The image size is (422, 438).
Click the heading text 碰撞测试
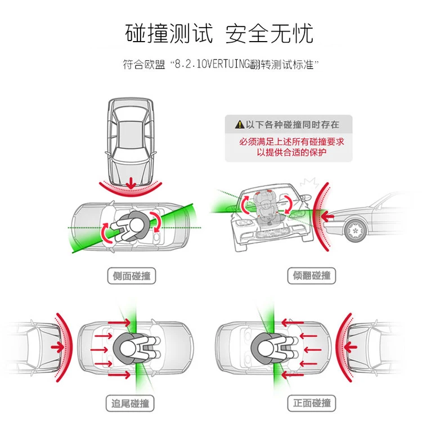tap(169, 33)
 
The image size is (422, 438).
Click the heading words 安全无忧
tap(269, 33)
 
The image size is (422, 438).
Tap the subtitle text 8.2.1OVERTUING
tap(211, 64)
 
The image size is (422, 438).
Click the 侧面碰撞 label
tap(131, 276)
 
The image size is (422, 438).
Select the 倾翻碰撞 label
tap(312, 276)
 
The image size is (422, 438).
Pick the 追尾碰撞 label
tap(131, 403)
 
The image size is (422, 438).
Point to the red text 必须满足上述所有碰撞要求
tap(291, 142)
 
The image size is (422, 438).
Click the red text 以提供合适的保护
tap(291, 152)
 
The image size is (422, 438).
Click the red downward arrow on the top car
tap(130, 183)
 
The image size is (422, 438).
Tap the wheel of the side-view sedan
tap(356, 229)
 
